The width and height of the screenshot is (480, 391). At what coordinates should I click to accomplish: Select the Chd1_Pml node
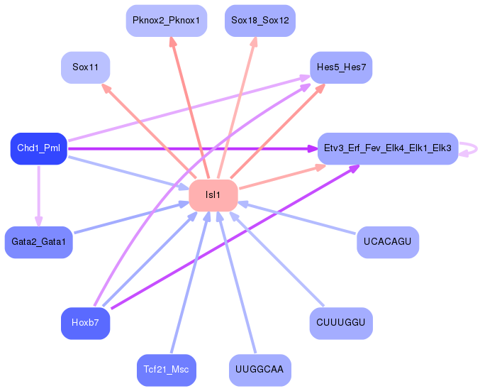(38, 148)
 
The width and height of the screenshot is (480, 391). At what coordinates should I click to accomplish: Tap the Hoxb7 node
(85, 324)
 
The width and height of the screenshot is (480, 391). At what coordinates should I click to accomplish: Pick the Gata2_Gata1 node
(38, 242)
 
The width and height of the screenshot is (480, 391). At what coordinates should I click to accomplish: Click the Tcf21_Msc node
(165, 370)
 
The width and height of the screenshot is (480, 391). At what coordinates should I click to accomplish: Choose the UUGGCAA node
(259, 370)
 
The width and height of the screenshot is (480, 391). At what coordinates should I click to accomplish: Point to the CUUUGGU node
(341, 324)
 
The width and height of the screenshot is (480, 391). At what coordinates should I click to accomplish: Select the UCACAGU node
(387, 242)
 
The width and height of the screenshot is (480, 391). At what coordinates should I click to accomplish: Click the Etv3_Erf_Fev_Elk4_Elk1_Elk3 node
(387, 148)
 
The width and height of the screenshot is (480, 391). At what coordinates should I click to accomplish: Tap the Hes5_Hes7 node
(341, 68)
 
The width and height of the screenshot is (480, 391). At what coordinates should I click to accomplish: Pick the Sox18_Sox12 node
(259, 21)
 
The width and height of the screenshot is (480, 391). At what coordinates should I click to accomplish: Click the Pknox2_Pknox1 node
(165, 21)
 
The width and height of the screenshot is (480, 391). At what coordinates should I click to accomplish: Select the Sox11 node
(85, 68)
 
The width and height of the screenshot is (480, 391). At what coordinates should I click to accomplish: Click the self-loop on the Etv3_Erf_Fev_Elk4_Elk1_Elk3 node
(471, 148)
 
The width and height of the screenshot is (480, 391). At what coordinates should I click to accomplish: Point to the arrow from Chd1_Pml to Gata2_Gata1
(38, 195)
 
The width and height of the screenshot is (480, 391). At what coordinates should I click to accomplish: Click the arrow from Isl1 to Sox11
(149, 131)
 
